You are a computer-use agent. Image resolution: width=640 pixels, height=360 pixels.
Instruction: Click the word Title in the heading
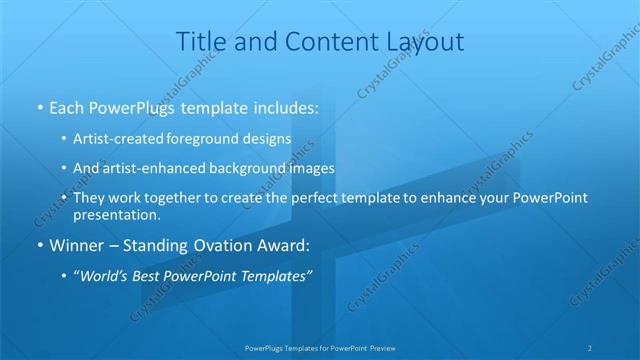pyautogui.click(x=201, y=42)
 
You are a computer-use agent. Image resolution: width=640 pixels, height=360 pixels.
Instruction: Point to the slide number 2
pyautogui.click(x=590, y=348)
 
